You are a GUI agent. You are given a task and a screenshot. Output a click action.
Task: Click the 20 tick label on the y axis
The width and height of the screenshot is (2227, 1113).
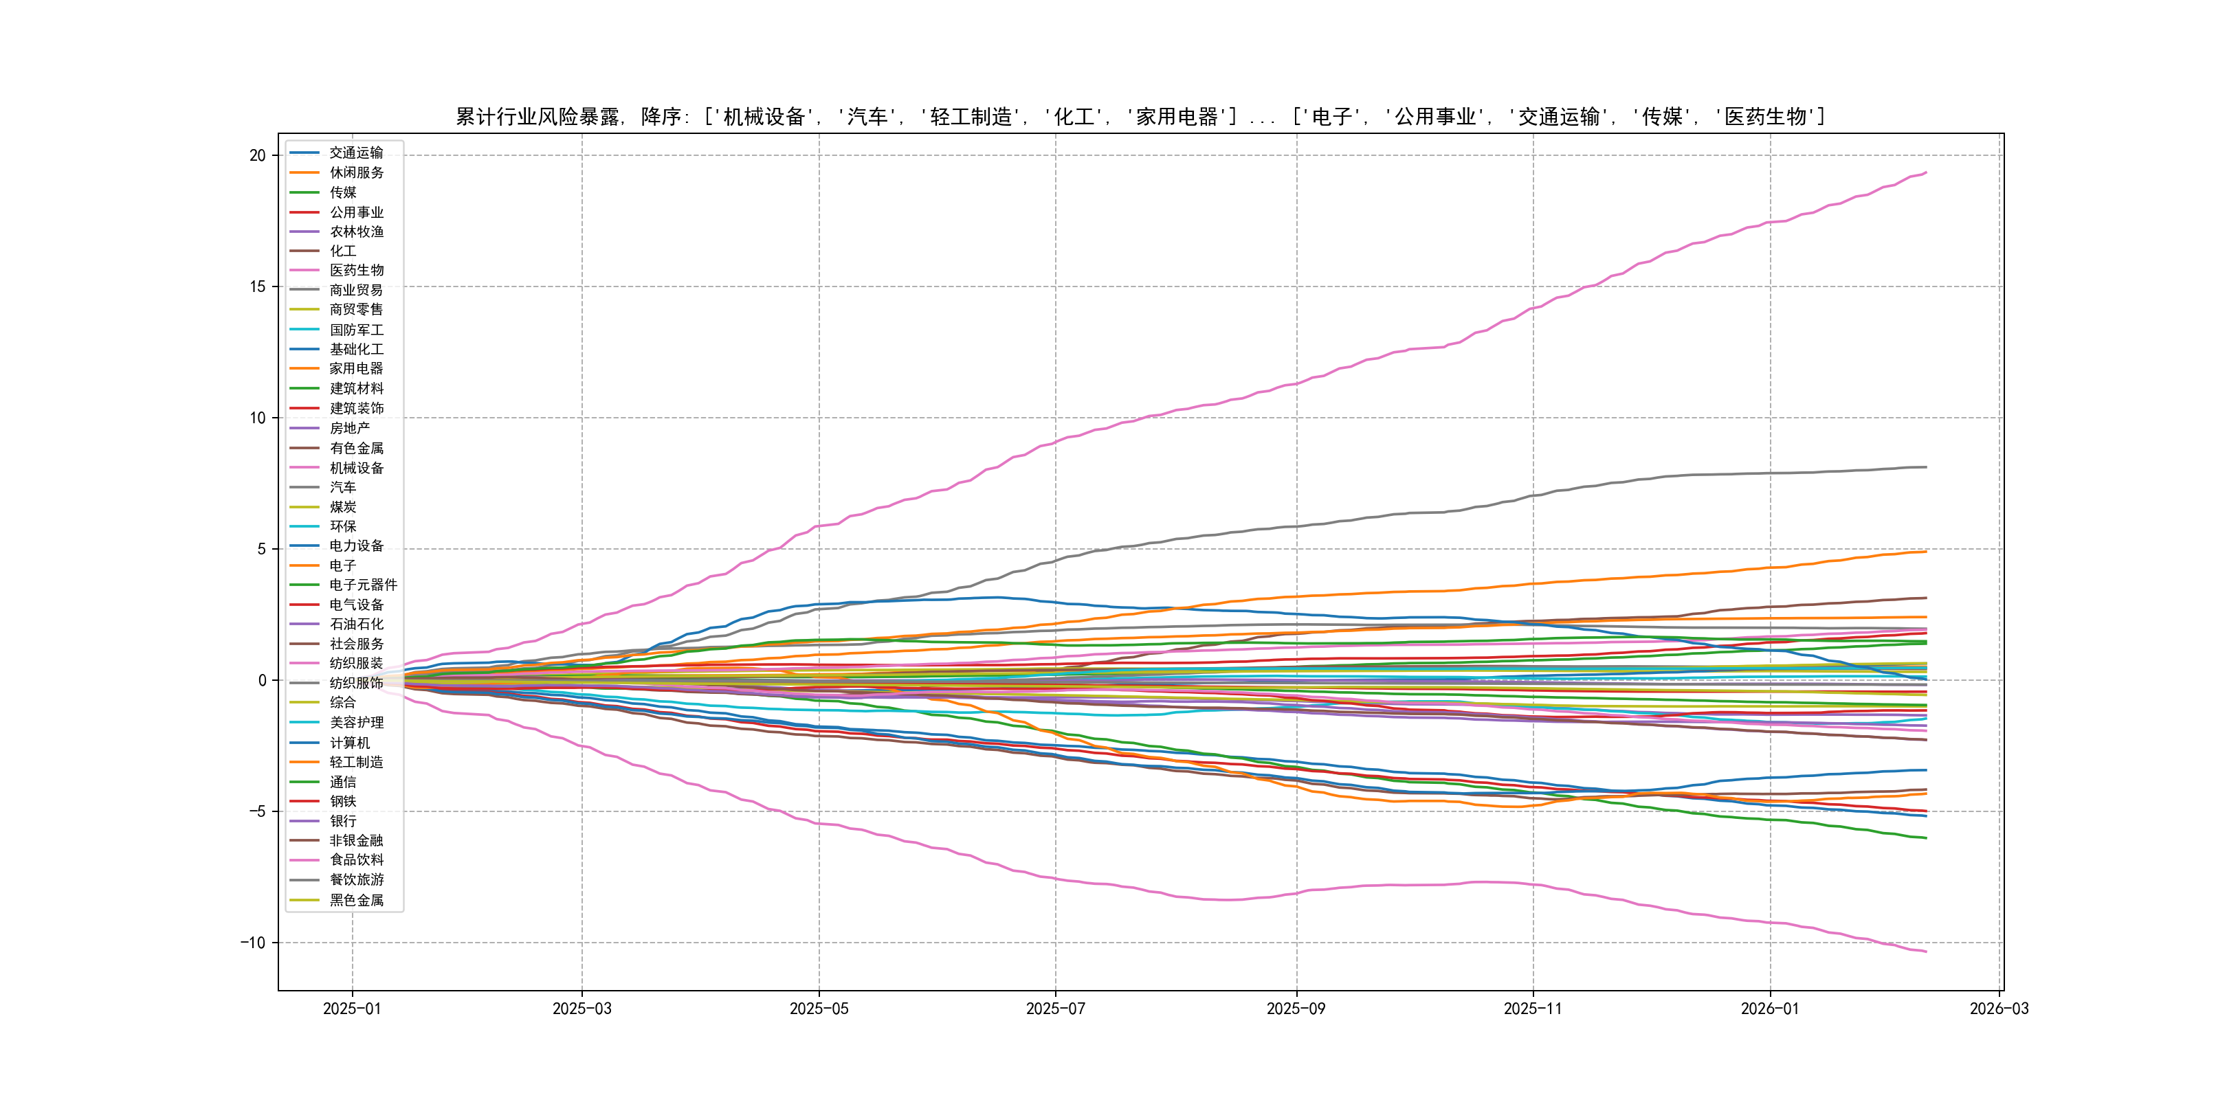point(258,155)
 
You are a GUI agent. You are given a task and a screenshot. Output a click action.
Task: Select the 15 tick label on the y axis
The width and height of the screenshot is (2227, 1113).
point(258,287)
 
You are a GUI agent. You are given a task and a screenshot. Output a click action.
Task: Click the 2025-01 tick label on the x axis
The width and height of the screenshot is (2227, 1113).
point(352,1009)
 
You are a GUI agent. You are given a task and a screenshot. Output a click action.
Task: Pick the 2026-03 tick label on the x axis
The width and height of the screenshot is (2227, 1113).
point(1999,1009)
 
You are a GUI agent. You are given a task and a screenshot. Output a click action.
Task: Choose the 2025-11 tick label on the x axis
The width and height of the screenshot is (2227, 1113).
point(1533,1009)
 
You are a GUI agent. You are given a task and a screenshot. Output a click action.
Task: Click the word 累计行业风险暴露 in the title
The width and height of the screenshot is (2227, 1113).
point(537,117)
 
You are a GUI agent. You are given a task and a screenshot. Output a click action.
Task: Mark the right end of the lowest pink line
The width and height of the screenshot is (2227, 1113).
point(1926,952)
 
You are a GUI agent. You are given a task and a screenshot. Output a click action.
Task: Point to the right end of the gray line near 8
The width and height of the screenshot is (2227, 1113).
point(1926,466)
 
